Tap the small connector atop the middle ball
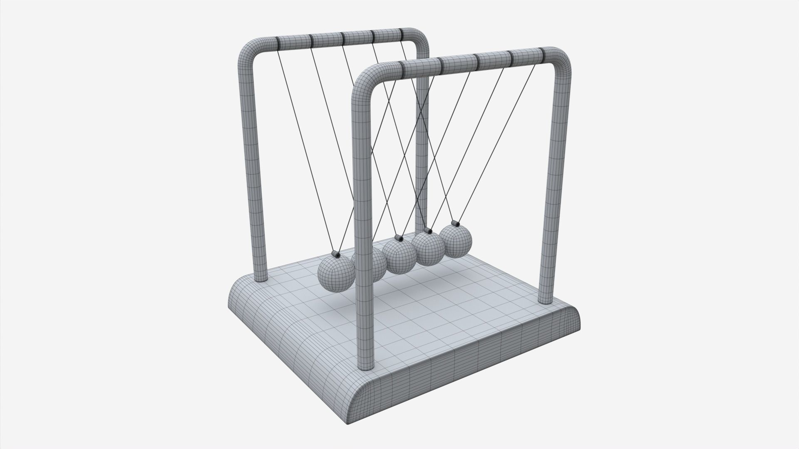tap(398, 239)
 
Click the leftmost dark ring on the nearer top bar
tap(404, 69)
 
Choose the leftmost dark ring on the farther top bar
tap(277, 42)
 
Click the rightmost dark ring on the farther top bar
tap(402, 34)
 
